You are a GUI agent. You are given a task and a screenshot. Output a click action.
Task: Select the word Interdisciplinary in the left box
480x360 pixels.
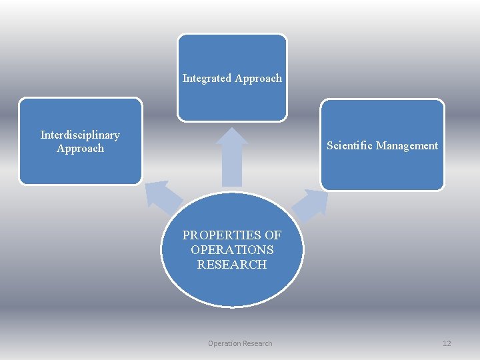tap(80, 135)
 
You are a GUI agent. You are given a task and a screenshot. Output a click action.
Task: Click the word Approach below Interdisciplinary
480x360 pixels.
tap(80, 149)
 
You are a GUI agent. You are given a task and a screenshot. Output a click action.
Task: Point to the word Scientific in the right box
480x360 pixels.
tap(349, 145)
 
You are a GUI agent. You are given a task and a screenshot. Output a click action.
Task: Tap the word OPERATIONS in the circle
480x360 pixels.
tap(232, 250)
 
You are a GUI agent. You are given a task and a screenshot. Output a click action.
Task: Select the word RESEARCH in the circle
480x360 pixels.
tap(232, 265)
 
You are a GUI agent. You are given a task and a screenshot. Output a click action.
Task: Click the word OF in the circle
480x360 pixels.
tap(273, 235)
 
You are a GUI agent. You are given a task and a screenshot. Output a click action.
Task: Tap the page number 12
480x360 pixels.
tap(447, 343)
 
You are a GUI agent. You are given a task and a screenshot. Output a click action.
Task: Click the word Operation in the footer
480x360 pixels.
tap(225, 343)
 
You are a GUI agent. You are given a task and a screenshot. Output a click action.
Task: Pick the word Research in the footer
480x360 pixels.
tap(258, 343)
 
